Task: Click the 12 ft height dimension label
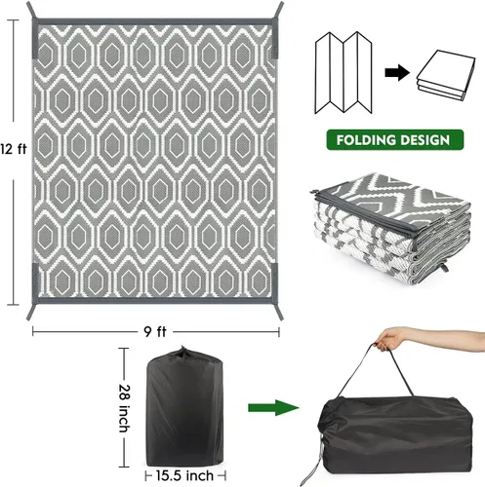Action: coord(14,149)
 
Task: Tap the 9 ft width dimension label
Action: coord(155,332)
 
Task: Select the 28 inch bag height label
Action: coord(124,408)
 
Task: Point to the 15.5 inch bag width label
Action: coord(184,476)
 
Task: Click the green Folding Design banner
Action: coord(395,140)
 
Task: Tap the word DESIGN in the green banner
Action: coord(424,140)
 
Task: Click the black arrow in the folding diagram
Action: coord(397,72)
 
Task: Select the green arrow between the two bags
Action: coord(273,408)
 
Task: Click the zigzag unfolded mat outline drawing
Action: coord(344,72)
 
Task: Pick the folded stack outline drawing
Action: coord(446,75)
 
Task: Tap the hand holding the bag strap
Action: coord(390,339)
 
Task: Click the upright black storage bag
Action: coord(185,407)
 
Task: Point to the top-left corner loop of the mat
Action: coord(31,10)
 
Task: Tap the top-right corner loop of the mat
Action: coord(279,10)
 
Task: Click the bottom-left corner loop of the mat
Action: coord(31,312)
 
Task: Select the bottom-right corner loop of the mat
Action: coord(279,312)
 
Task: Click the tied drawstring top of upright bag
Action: coord(183,352)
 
